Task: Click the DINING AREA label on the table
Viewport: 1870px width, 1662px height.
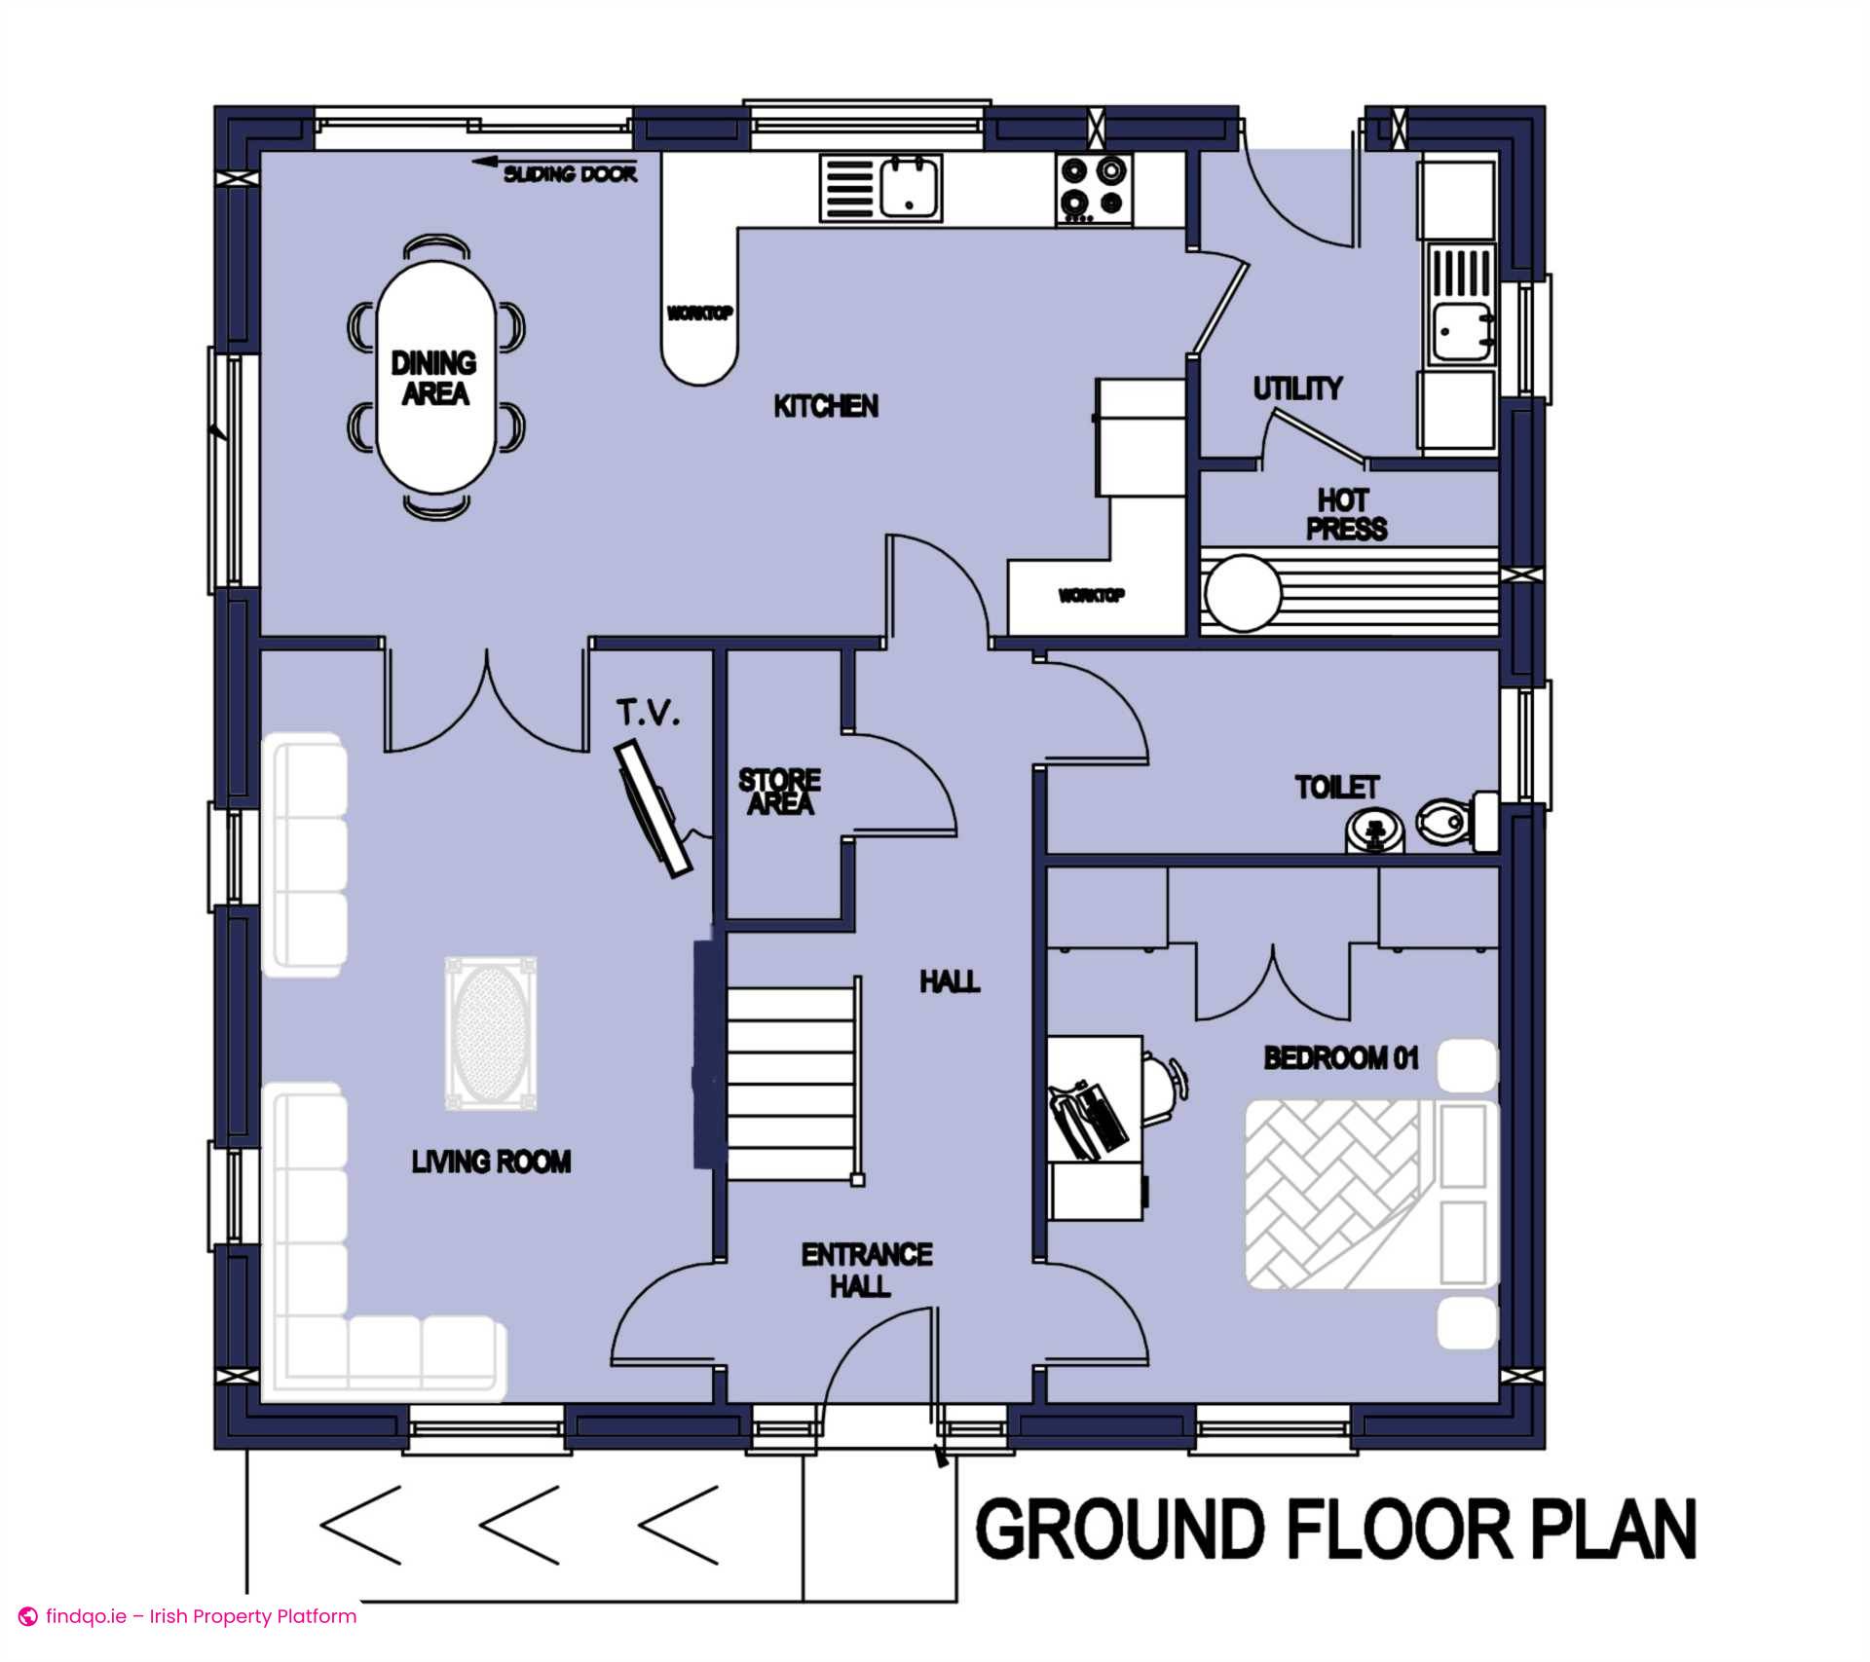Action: coord(434,378)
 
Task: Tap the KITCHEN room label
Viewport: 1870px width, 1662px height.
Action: coord(826,406)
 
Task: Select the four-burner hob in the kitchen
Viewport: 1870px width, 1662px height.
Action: coord(1094,188)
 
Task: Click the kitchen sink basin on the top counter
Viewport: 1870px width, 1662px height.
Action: coord(911,188)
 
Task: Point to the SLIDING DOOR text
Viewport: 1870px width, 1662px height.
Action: coord(570,174)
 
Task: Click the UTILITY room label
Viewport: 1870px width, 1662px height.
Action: coord(1297,388)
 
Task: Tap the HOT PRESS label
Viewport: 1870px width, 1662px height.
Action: coord(1346,514)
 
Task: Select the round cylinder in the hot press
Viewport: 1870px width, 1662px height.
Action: coord(1243,593)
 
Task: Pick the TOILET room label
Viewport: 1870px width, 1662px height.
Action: coord(1336,787)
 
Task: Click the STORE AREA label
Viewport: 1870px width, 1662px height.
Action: coord(779,792)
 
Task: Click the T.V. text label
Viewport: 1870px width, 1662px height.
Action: coord(648,713)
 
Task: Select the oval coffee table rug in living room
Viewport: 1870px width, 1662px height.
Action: coord(491,1032)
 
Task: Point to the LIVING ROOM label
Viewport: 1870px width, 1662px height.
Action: coord(491,1162)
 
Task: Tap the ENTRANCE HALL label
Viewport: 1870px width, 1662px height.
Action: coord(866,1270)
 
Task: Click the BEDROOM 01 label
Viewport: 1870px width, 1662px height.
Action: coord(1341,1057)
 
